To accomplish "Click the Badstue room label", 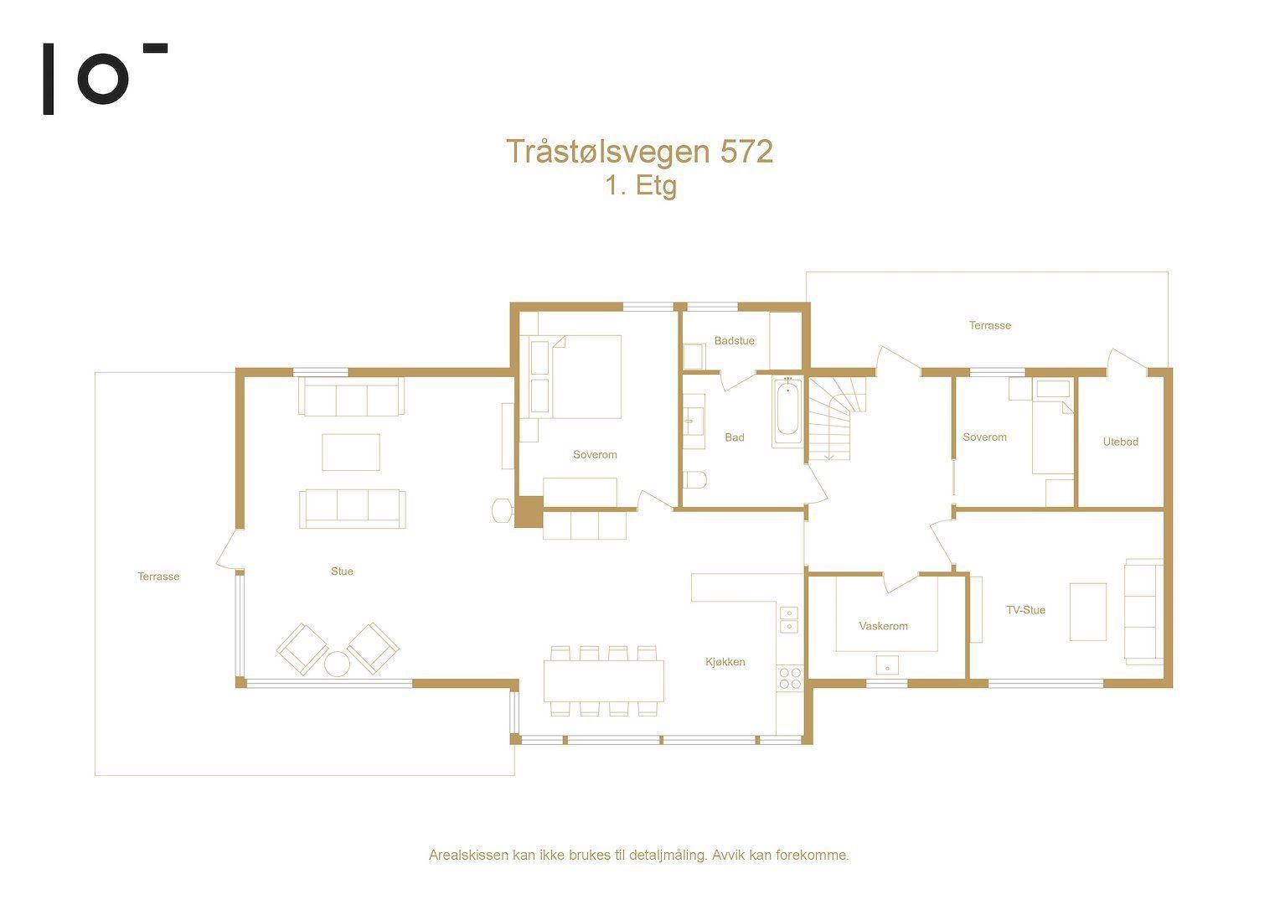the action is (735, 341).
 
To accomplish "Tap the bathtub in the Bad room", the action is (788, 411).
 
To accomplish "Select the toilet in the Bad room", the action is (694, 480).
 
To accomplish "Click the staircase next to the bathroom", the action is (835, 418).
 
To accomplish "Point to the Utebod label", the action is (1121, 442).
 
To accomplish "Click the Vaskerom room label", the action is (884, 626).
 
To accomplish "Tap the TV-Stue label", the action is (1025, 610).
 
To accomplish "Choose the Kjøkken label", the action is (725, 662).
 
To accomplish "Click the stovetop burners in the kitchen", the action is (790, 678).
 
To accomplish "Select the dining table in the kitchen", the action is (603, 681).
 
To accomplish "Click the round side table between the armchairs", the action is (337, 665).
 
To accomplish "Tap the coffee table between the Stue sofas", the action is (351, 452).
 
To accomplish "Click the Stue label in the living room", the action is (342, 571).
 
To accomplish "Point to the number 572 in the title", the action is (746, 152).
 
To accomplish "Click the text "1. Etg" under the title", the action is (641, 186).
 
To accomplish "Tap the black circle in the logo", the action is (103, 79).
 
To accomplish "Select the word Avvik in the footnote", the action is (729, 856).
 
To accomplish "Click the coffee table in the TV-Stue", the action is (1088, 612).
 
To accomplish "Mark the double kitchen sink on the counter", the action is (789, 620).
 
